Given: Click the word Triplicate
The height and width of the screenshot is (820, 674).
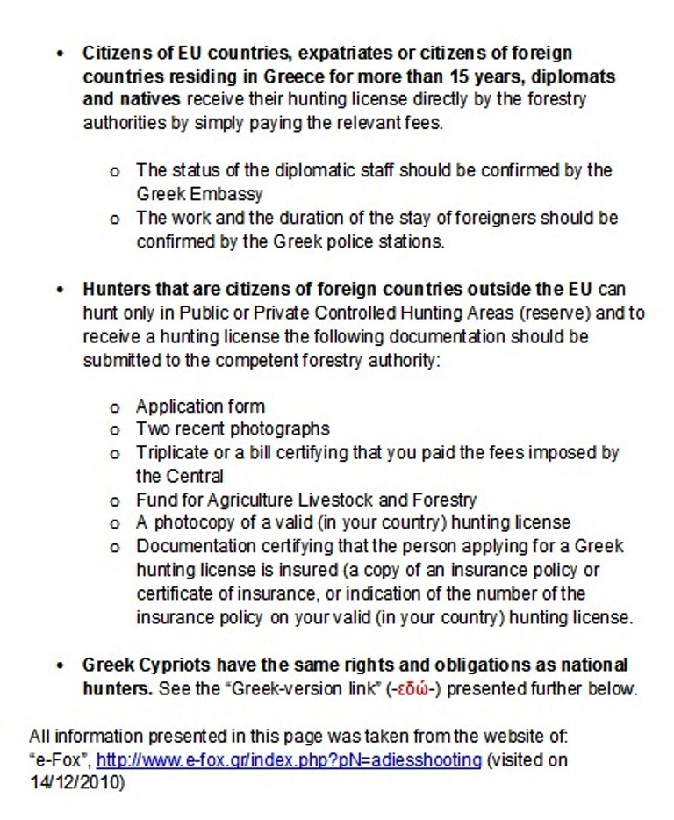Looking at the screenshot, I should click(173, 453).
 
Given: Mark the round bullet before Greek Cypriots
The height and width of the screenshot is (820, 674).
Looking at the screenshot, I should click(60, 665).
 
